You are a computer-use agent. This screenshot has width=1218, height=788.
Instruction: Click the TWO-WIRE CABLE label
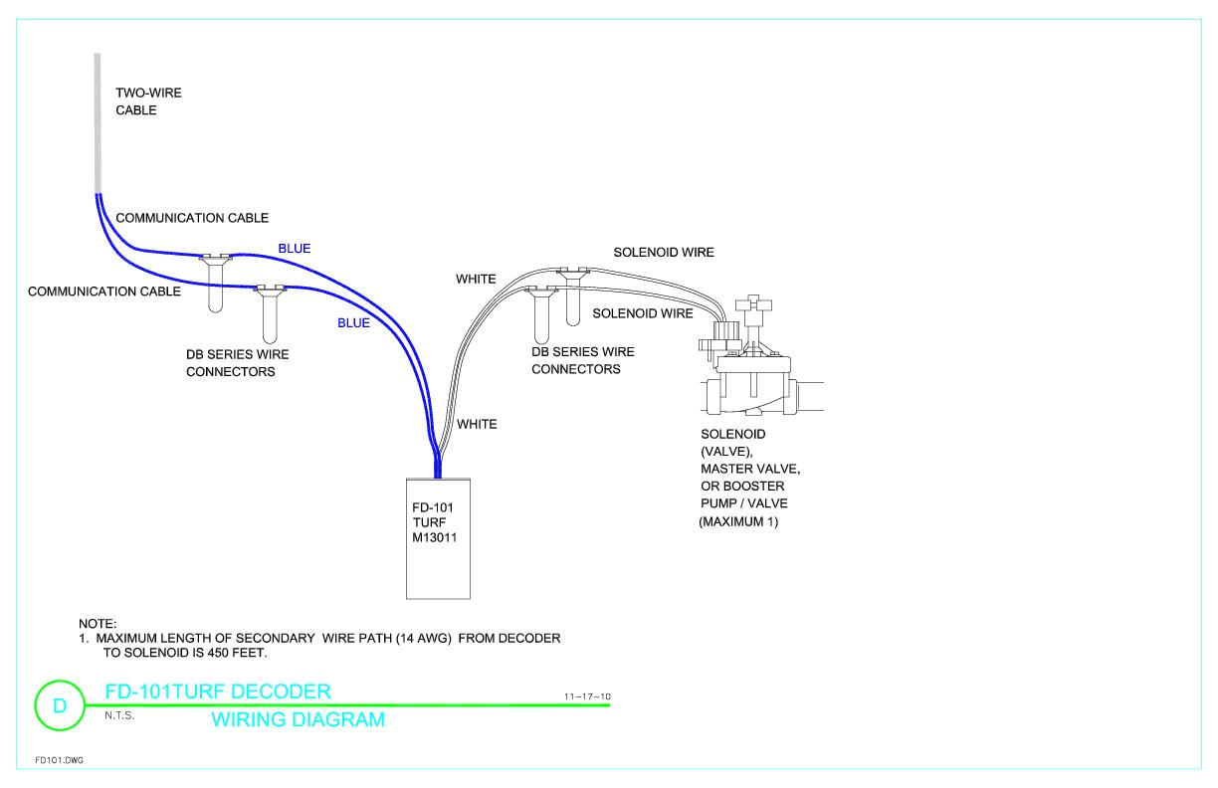(x=148, y=101)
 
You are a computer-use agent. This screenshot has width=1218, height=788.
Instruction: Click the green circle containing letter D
(x=59, y=705)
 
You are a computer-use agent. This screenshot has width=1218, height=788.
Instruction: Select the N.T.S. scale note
(x=119, y=714)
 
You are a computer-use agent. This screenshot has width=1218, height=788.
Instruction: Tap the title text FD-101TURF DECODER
(x=217, y=691)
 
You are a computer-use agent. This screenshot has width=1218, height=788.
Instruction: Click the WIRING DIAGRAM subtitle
(x=298, y=719)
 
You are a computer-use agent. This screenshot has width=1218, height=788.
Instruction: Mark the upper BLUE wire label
(x=294, y=249)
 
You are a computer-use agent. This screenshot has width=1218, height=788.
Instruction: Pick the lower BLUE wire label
(x=353, y=323)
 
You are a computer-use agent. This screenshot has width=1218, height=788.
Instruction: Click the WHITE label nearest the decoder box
(x=476, y=424)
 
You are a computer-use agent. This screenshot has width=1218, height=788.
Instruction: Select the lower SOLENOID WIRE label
(x=642, y=313)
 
